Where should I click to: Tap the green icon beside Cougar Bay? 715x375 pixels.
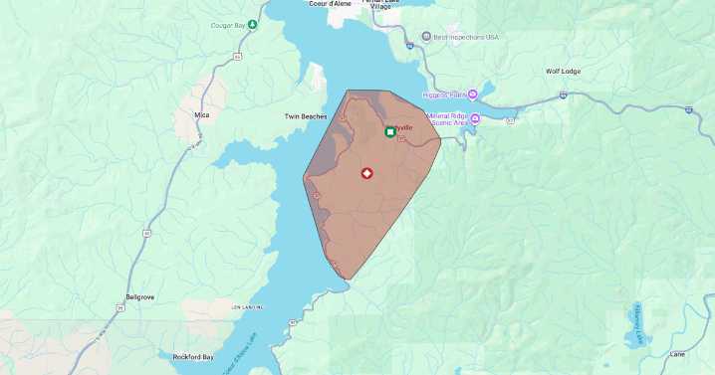[x=253, y=24]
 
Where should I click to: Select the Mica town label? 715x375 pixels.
[x=202, y=115]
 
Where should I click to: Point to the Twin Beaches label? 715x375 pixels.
[x=306, y=116]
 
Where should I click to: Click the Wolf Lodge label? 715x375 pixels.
[x=565, y=72]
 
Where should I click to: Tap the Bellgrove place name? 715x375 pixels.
[x=140, y=296]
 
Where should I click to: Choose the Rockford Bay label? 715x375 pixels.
[x=193, y=356]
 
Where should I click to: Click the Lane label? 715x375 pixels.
[x=677, y=354]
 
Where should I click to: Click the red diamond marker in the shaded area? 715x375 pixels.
[x=366, y=173]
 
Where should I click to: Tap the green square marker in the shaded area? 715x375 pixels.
[x=390, y=131]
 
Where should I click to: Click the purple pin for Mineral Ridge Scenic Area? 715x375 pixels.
[x=475, y=119]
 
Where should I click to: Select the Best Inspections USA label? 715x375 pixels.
[x=466, y=37]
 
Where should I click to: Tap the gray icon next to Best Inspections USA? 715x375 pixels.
[x=426, y=37]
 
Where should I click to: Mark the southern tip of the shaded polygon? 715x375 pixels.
[x=349, y=280]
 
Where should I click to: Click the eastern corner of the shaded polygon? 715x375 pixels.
[x=440, y=138]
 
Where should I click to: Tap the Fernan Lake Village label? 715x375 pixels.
[x=383, y=5]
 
